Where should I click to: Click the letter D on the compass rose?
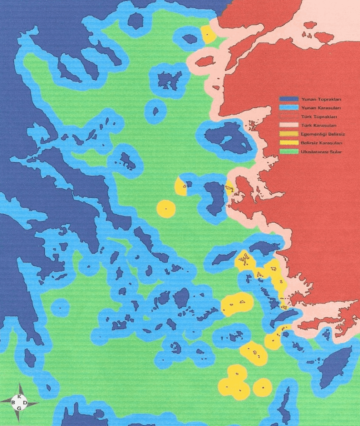(x=25, y=403)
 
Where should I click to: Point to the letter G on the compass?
(x=19, y=409)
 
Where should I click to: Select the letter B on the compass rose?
(x=13, y=403)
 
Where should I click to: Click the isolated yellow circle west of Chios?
(x=166, y=208)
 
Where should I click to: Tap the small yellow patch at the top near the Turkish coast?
(x=208, y=34)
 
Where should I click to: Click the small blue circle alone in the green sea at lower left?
(x=60, y=307)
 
